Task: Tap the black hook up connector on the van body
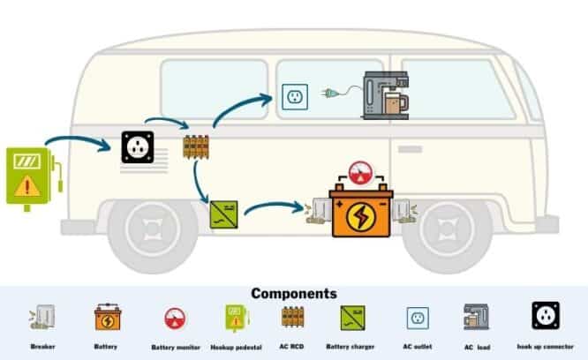pyautogui.click(x=138, y=146)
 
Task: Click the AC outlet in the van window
pyautogui.click(x=294, y=96)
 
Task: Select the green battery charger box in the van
pyautogui.click(x=222, y=214)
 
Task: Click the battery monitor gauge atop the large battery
pyautogui.click(x=359, y=172)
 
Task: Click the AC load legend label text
pyautogui.click(x=478, y=349)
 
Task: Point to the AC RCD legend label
pyautogui.click(x=293, y=347)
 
